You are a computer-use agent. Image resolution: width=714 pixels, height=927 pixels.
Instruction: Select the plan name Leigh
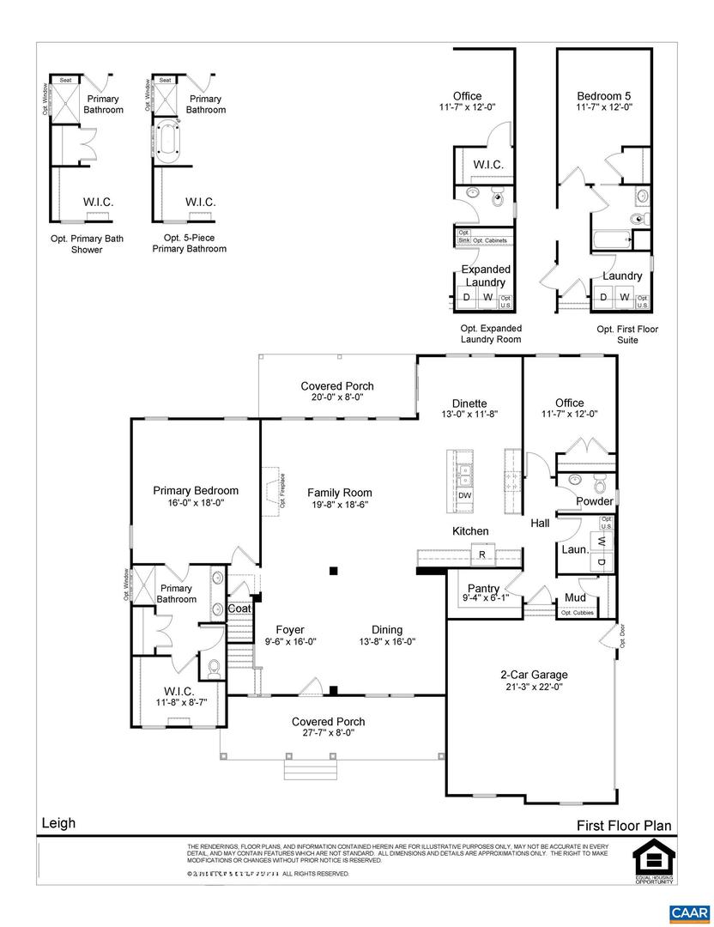[x=58, y=823]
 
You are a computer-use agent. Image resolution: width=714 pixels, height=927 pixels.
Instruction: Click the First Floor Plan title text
[x=624, y=826]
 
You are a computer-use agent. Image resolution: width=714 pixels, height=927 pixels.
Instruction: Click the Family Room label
[x=340, y=493]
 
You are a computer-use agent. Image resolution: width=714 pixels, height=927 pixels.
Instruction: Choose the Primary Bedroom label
[x=196, y=490]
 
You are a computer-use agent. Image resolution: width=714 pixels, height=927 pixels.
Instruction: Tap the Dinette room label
[x=469, y=403]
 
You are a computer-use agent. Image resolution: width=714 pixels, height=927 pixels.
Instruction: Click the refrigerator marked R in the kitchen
[x=482, y=554]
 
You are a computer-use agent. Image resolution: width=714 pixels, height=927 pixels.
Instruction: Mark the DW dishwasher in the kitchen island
[x=464, y=495]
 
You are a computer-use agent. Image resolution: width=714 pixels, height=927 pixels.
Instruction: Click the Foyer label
[x=289, y=629]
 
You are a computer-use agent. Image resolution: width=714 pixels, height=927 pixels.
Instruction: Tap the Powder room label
[x=594, y=501]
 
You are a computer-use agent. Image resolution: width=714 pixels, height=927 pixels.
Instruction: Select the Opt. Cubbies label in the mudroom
[x=577, y=613]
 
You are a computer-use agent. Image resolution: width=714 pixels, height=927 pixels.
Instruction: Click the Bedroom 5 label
[x=604, y=96]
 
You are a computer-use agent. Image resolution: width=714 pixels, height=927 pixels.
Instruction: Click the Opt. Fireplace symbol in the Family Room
[x=273, y=485]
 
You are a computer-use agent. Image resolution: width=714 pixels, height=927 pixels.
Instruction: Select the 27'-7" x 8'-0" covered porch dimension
[x=328, y=733]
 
